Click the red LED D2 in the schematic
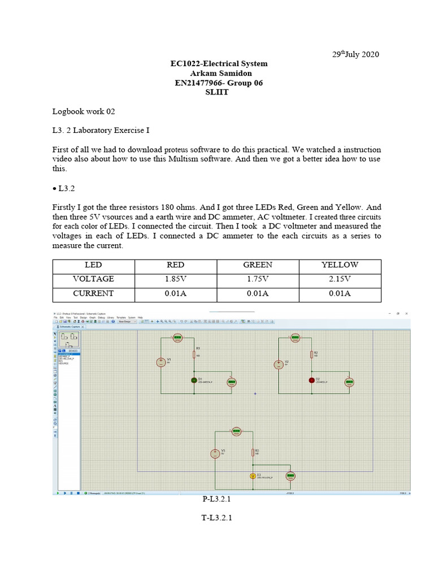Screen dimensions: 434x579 click(x=311, y=380)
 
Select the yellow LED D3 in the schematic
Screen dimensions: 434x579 click(x=253, y=476)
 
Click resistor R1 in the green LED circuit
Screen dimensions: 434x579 click(x=193, y=355)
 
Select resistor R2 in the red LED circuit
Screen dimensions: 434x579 click(x=311, y=355)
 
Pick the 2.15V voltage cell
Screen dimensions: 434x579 click(x=340, y=279)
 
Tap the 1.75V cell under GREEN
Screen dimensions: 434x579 click(x=258, y=279)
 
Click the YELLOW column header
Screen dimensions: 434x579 click(x=340, y=265)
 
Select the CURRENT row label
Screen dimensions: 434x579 click(x=93, y=293)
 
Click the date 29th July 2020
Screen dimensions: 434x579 click(x=355, y=54)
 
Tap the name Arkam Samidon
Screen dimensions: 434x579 click(x=219, y=74)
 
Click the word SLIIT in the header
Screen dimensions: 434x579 click(x=219, y=93)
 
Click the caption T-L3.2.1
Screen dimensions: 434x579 click(x=217, y=517)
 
